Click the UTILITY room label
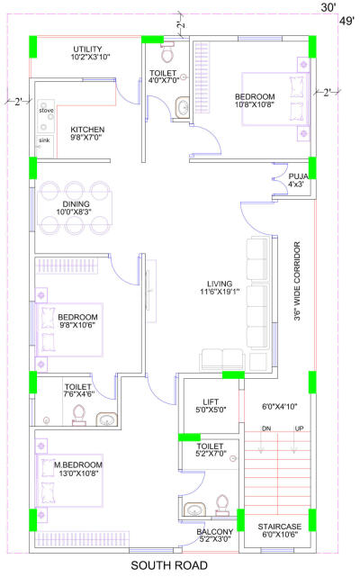point(87,49)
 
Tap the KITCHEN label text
point(87,129)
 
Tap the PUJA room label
point(296,176)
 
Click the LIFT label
point(209,401)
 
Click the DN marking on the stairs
point(266,429)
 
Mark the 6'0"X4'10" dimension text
point(276,408)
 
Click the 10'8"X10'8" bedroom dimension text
point(254,104)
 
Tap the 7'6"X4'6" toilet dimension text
point(79,393)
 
